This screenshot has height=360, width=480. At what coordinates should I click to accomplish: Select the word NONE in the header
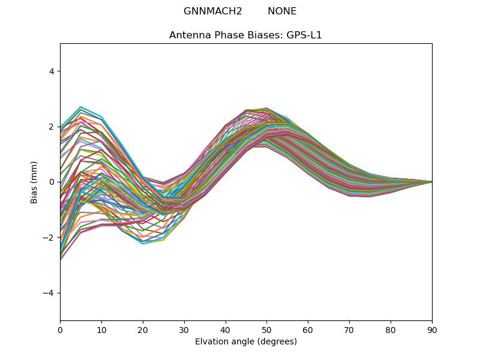[282, 11]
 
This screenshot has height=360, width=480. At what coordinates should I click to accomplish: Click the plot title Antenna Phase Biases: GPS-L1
[245, 35]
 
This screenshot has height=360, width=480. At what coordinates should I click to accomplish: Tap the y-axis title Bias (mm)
[34, 182]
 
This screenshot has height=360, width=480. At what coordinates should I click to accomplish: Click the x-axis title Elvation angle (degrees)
[245, 342]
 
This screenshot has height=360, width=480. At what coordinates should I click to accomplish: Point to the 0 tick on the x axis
[60, 329]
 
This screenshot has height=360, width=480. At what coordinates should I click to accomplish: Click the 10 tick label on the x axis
[101, 329]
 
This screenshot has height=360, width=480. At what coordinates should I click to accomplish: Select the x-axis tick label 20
[143, 329]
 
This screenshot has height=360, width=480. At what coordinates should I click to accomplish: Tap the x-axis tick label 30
[184, 329]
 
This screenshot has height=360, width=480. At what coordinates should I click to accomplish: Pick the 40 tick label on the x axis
[226, 329]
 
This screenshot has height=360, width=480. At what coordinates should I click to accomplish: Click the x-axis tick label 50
[266, 329]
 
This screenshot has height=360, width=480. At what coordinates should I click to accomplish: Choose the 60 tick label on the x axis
[308, 329]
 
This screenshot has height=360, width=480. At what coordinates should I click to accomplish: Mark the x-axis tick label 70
[349, 329]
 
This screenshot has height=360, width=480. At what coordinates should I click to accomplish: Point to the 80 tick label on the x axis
[391, 329]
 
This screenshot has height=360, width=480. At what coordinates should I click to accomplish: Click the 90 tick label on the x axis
[432, 329]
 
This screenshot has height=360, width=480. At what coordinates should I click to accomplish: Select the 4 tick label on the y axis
[52, 71]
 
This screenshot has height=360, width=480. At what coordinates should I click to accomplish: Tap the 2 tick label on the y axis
[52, 127]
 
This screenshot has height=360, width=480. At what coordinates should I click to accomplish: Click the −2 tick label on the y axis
[49, 238]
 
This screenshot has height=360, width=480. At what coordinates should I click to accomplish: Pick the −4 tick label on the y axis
[49, 293]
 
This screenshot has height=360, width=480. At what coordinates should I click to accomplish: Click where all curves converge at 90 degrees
[431, 182]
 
